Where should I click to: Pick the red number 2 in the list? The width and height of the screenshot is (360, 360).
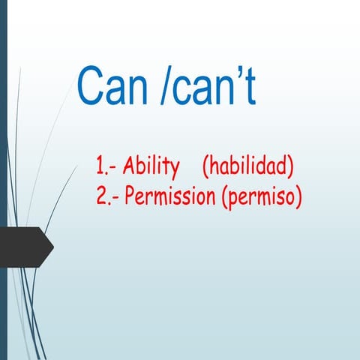(100, 197)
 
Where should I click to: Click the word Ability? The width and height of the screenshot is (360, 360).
(151, 166)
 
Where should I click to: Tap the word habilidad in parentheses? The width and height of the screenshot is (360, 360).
(248, 165)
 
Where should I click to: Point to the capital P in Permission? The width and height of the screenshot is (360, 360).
(130, 197)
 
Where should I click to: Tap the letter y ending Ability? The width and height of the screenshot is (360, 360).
(174, 169)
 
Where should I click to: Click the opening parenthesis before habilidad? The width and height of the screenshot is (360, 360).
(205, 166)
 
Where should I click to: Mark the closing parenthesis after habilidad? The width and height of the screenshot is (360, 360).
(291, 166)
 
